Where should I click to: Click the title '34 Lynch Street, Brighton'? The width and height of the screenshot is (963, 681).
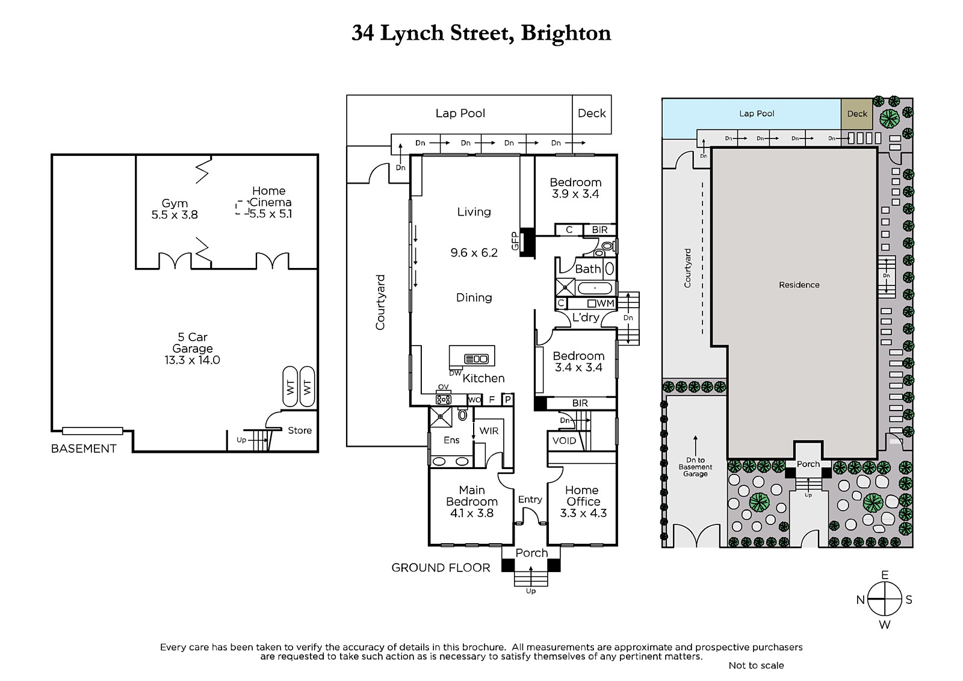481,33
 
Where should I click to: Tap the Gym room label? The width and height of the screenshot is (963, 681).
175,204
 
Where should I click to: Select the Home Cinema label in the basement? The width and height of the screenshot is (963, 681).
269,197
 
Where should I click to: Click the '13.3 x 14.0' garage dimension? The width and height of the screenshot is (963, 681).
192,360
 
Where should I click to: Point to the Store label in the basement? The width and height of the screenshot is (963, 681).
300,431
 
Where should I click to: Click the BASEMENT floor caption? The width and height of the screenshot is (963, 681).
84,449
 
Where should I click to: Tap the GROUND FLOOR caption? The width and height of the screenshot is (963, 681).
441,568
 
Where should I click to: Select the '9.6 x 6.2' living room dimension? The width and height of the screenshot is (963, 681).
474,253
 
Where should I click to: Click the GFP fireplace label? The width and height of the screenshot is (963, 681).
515,241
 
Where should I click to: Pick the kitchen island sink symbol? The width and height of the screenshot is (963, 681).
477,359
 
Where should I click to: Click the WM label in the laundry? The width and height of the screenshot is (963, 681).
605,303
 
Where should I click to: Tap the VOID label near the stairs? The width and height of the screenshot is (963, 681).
564,441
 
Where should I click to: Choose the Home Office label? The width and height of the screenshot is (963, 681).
583,496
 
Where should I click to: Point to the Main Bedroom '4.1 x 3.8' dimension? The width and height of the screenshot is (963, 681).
471,514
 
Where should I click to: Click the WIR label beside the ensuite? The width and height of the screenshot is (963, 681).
489,431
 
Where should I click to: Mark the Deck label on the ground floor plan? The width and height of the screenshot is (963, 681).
592,113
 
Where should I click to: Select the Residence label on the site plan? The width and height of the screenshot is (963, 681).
799,285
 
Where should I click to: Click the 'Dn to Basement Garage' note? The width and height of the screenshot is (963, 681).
695,467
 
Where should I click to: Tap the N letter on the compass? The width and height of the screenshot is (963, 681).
861,600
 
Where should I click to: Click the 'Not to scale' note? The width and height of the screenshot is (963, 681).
756,665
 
